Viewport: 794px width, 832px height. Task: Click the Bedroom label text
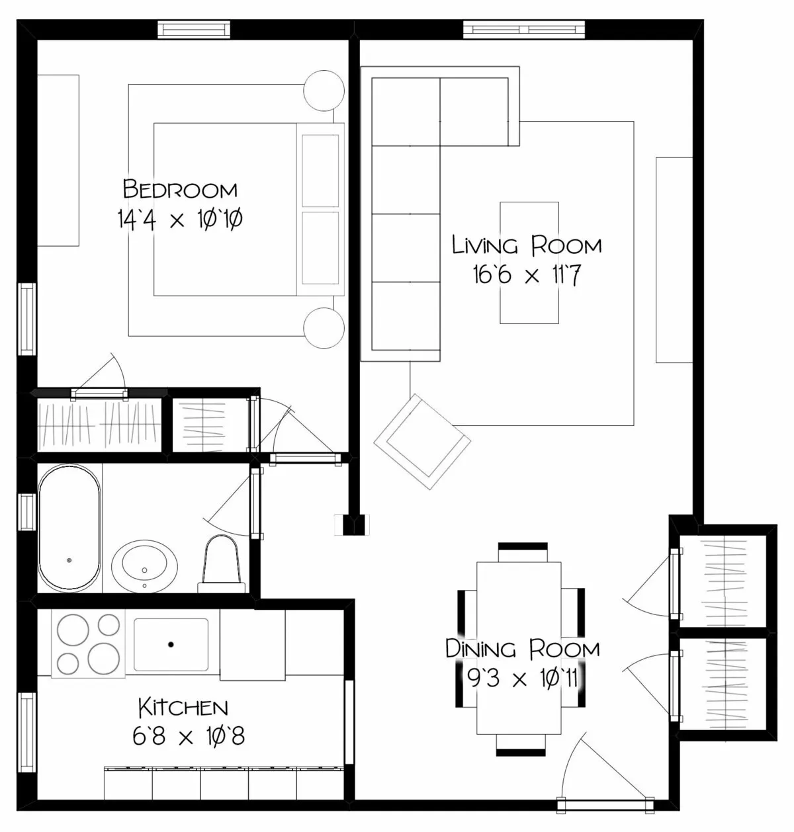180,190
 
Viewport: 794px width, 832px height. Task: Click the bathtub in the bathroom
69,527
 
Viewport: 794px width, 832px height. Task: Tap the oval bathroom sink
145,565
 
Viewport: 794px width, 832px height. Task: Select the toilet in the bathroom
220,563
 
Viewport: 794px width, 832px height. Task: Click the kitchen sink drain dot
171,644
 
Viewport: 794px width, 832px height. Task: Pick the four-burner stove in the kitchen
87,644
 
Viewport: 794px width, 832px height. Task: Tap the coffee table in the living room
529,263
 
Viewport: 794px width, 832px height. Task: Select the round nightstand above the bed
324,89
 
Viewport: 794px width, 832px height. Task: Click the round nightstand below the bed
324,327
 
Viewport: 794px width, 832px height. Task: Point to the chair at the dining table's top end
523,551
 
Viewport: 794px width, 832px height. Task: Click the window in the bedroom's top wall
195,30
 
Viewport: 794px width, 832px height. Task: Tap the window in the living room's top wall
524,29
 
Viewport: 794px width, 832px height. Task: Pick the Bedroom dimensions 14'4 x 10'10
180,219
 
